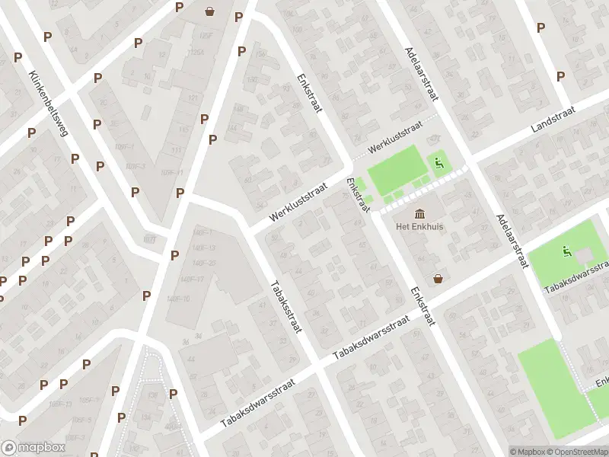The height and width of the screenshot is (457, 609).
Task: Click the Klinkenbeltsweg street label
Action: [47, 103]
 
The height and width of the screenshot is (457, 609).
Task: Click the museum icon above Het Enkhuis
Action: [419, 214]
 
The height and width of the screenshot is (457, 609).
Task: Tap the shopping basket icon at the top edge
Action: [209, 11]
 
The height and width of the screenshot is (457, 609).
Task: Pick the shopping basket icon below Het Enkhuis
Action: [438, 279]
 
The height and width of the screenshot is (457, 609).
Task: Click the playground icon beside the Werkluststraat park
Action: [438, 161]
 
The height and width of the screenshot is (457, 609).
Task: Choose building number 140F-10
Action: [177, 298]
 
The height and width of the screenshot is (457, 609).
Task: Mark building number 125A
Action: [196, 52]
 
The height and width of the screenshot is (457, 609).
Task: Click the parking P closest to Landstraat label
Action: [561, 76]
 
